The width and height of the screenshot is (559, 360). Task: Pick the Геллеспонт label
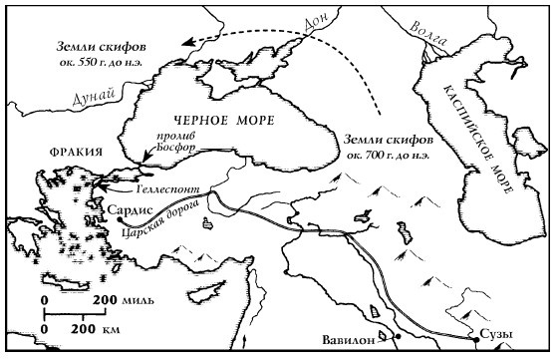158,188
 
